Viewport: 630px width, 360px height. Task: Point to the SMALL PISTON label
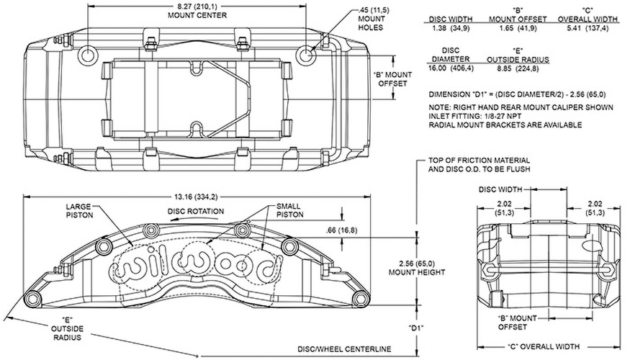(289, 210)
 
